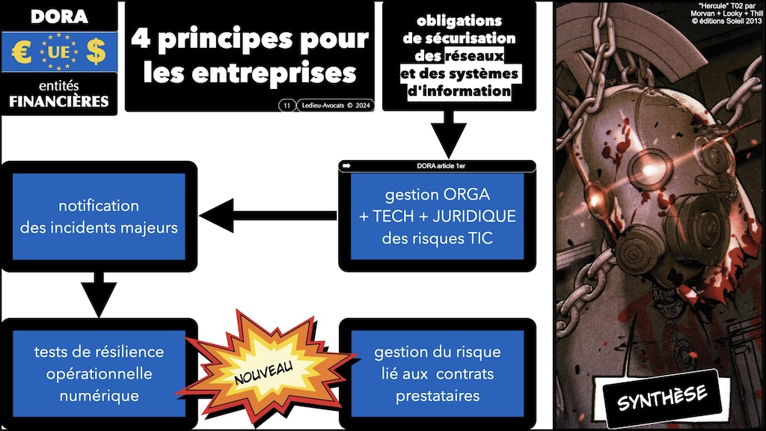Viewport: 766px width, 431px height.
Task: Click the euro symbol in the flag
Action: click(x=21, y=52)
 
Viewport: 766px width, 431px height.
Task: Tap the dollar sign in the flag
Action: click(x=96, y=52)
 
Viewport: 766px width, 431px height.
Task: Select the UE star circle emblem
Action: click(x=58, y=52)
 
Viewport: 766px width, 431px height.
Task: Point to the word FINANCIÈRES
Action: click(x=58, y=101)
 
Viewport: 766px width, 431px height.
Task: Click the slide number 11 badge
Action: click(x=286, y=106)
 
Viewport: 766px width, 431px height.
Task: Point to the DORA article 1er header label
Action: click(x=438, y=165)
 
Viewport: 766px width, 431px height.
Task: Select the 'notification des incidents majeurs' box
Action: click(x=99, y=216)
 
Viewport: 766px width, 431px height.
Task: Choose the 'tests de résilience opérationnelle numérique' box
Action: click(x=99, y=373)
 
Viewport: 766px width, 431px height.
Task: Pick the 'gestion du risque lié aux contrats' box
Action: click(x=438, y=373)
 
